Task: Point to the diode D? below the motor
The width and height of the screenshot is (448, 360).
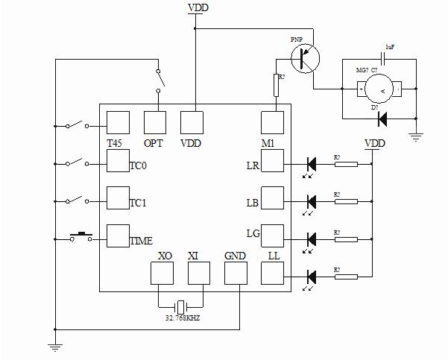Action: pos(383,119)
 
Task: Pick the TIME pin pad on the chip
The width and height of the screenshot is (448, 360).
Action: pos(119,236)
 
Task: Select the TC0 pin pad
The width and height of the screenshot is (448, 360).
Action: pos(119,161)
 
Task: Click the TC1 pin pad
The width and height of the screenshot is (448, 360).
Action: pos(119,198)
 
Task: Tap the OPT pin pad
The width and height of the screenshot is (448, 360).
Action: pos(155,122)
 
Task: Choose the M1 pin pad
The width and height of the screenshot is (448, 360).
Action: pos(272,122)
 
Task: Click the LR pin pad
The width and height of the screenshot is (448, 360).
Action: pos(273,161)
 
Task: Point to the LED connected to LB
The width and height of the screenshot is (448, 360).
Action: pos(312,201)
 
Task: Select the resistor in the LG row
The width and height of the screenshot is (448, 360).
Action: pos(346,239)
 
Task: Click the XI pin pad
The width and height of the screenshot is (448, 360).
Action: pos(198,274)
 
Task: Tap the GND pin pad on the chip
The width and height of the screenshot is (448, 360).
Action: pos(236,274)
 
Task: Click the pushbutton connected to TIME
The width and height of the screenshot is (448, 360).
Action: pos(81,237)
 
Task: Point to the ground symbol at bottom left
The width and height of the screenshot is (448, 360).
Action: pos(54,344)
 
